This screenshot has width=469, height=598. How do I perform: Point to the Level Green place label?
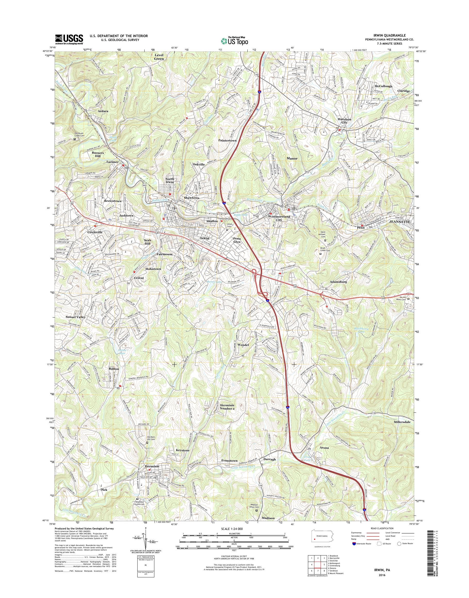click(159, 57)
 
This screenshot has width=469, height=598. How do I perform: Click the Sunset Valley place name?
click(76, 317)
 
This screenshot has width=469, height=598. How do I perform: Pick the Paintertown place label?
click(227, 140)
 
